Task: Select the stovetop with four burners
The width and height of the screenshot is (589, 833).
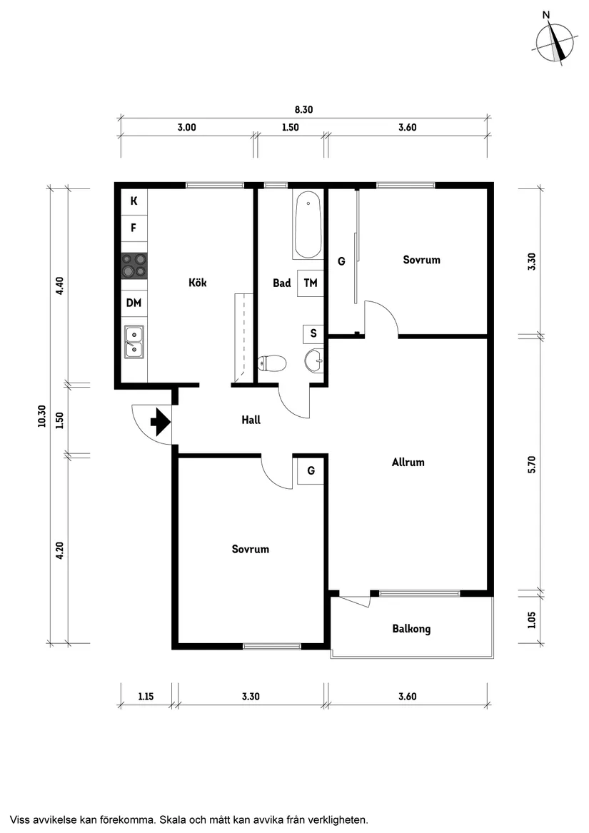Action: tap(134, 265)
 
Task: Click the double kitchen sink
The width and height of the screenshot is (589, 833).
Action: tap(134, 340)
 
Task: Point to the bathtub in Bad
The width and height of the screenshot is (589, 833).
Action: tap(308, 224)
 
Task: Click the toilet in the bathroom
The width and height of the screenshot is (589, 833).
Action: tap(271, 364)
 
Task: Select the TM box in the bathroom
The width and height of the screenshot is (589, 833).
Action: tap(310, 283)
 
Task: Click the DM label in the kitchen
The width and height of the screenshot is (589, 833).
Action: tap(134, 303)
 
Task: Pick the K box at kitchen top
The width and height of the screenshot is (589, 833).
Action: tap(134, 201)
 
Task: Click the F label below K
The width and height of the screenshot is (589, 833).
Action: tap(134, 228)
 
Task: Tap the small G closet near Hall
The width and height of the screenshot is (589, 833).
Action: tap(311, 470)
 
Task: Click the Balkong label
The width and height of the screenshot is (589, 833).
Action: tap(411, 629)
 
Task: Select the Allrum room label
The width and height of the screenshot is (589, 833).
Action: tap(408, 462)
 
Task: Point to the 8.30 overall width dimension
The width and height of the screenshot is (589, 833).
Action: tap(304, 110)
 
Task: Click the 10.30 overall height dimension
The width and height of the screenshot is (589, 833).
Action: tap(42, 416)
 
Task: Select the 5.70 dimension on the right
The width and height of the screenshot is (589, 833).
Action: tap(530, 464)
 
